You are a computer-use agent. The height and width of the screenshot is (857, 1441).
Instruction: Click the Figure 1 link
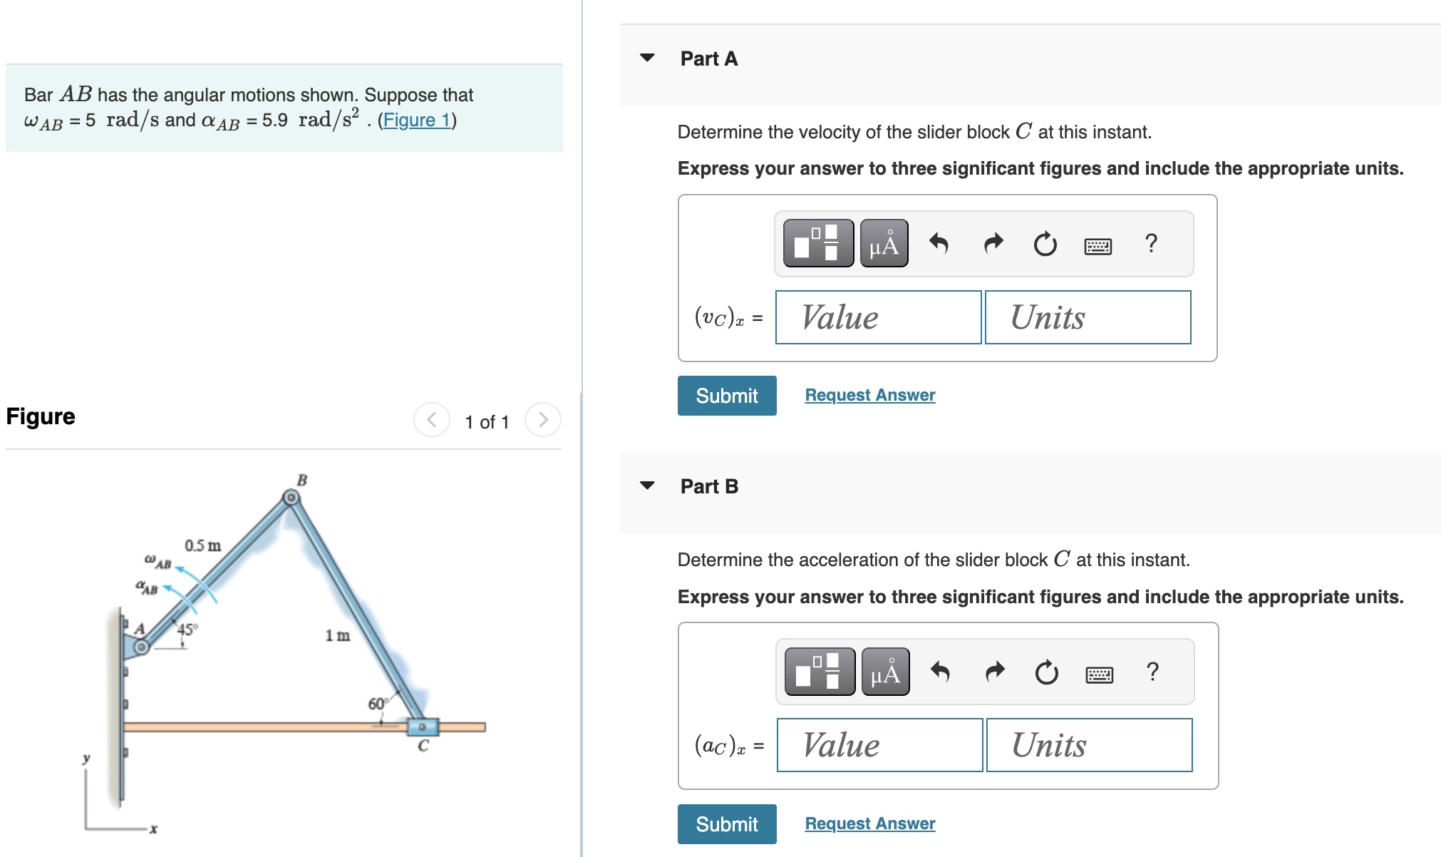(x=417, y=120)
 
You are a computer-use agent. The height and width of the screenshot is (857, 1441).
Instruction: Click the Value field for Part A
(x=878, y=317)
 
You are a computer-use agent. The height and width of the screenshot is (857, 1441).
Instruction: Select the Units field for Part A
(x=1088, y=317)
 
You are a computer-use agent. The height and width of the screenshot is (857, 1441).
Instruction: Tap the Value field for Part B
(x=879, y=745)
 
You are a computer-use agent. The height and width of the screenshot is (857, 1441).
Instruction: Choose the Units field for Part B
(x=1089, y=745)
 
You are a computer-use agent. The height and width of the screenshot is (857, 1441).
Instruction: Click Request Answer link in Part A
(x=869, y=395)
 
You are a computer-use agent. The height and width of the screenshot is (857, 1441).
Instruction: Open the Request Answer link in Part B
(x=869, y=823)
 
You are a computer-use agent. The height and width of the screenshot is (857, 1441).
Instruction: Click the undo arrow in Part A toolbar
(x=939, y=244)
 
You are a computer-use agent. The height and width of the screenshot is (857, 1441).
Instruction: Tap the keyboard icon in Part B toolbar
(x=1099, y=674)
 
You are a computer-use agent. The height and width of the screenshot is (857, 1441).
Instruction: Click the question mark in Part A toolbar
(x=1150, y=244)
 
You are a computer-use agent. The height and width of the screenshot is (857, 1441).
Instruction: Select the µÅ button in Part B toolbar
(x=885, y=672)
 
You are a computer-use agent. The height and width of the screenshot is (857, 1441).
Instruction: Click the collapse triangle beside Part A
(x=647, y=58)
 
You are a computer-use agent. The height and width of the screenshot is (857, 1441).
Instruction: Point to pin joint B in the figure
(x=291, y=498)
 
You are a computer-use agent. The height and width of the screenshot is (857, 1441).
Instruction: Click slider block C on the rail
(x=423, y=727)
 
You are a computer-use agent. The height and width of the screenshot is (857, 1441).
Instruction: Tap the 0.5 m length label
(x=202, y=545)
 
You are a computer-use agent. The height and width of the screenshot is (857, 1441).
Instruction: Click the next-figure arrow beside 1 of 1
(x=543, y=419)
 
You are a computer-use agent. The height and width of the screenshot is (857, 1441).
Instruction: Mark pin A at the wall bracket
(x=142, y=647)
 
